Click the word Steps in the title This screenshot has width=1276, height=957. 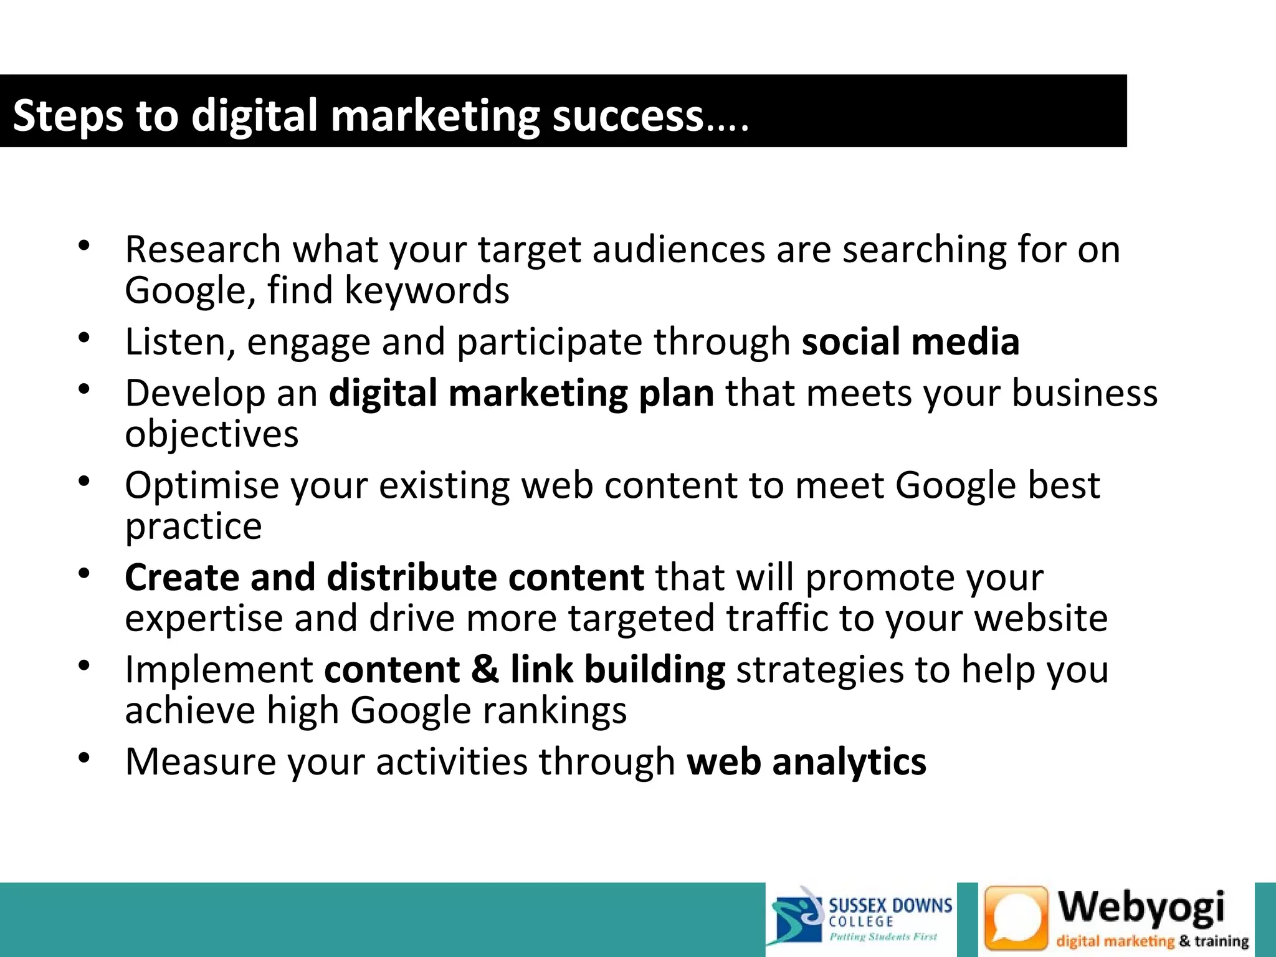point(68,117)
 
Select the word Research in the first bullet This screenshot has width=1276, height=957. point(203,250)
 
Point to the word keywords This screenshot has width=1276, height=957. point(427,291)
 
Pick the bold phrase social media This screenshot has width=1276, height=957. point(910,342)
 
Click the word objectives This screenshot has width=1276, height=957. point(212,434)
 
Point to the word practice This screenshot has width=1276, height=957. point(193,527)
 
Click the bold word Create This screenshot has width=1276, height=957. point(182,578)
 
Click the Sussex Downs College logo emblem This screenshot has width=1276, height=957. point(797,918)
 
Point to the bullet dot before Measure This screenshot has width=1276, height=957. point(84,758)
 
